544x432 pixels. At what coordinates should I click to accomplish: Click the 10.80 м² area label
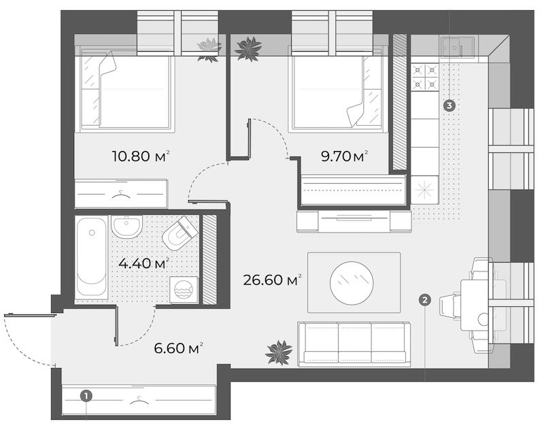click(141, 156)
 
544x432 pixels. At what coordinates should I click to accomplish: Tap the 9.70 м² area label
click(344, 156)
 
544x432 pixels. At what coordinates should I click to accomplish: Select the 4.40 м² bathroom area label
click(143, 263)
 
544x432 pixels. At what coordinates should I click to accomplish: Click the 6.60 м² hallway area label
click(178, 348)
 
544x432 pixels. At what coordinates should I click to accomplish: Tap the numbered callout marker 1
click(86, 395)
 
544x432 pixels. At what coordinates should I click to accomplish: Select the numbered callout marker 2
click(425, 299)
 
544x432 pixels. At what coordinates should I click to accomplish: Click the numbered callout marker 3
click(449, 105)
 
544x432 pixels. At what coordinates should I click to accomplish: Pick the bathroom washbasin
click(126, 227)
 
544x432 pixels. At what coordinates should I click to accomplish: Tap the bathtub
click(92, 256)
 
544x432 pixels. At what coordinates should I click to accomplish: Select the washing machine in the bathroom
click(184, 290)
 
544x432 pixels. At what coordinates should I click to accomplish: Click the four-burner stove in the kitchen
click(425, 77)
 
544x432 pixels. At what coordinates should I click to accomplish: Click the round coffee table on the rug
click(352, 283)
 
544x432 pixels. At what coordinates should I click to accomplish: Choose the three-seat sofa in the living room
click(354, 344)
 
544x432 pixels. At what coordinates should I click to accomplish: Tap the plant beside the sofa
click(279, 352)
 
